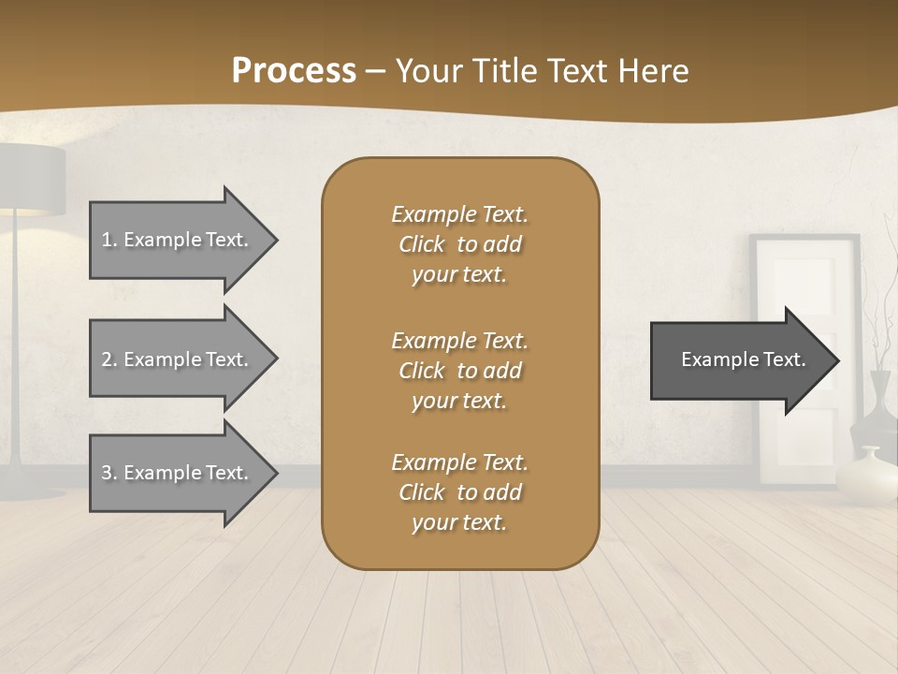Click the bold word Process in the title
[294, 71]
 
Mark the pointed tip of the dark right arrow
[837, 360]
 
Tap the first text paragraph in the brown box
[459, 244]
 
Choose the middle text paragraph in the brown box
[459, 371]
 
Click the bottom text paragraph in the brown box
[459, 492]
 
